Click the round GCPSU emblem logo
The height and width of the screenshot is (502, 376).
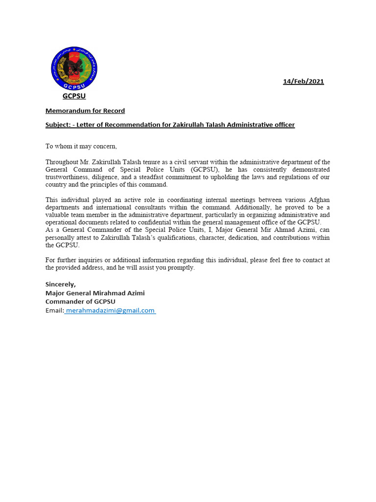[x=74, y=68]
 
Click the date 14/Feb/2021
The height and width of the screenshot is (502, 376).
[x=303, y=81]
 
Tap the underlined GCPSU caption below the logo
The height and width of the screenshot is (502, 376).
[x=74, y=96]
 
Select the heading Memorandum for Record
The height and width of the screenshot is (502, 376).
[x=85, y=111]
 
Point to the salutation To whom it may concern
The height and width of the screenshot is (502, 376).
[x=81, y=146]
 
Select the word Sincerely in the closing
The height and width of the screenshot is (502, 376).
[x=61, y=284]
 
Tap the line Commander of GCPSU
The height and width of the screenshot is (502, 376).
[x=80, y=301]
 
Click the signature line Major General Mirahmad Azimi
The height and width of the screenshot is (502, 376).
[x=95, y=293]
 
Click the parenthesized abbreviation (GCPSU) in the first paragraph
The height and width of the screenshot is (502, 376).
[x=205, y=169]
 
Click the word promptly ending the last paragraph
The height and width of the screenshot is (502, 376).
[x=181, y=268]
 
